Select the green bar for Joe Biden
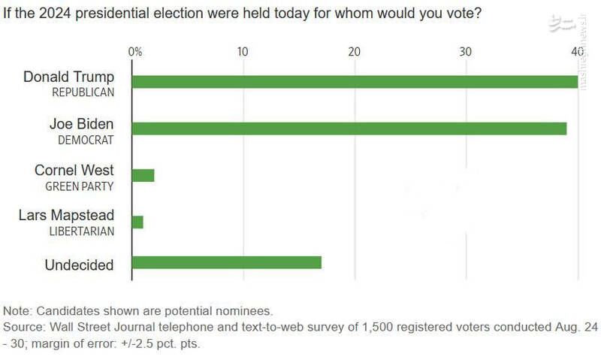coord(349,129)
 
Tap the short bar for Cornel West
coord(143,175)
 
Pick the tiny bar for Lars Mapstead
coord(137,222)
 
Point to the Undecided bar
coord(226,262)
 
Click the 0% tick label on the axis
coord(135,51)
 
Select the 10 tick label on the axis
coord(243,51)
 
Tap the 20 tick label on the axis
coord(354,51)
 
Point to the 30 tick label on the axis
coord(466,51)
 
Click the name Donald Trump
coord(69,77)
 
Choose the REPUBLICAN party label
coord(83,92)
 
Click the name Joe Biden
coord(82,124)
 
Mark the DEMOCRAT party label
coord(86,140)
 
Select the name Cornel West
coord(74,171)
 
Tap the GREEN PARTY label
coord(80,186)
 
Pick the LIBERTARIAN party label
coord(81,231)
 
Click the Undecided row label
coord(79,265)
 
